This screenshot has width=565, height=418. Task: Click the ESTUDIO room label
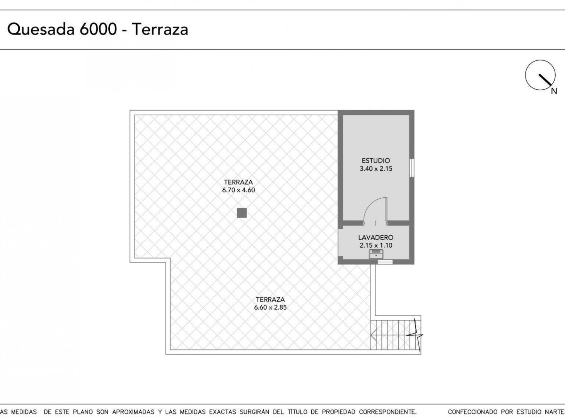[x=376, y=161]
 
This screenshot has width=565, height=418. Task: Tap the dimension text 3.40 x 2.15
[x=376, y=169]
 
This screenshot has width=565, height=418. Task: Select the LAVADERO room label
[x=376, y=237]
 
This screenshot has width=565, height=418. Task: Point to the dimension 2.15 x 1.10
[x=376, y=245]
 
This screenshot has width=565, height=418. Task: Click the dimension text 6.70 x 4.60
[x=239, y=190]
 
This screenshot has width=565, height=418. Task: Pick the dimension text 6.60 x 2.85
[x=270, y=307]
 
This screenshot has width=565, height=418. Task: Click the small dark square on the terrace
[x=242, y=213]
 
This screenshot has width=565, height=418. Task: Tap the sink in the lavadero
[x=376, y=254]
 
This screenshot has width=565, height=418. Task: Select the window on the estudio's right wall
[x=411, y=168]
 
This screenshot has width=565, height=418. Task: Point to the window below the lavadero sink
[x=385, y=262]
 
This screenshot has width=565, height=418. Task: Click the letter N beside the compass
[x=554, y=91]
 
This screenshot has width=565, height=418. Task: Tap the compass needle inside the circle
[x=545, y=80]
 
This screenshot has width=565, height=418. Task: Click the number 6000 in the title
[x=98, y=29]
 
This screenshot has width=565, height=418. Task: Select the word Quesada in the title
[x=41, y=29]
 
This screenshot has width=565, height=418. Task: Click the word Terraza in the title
[x=160, y=29]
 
